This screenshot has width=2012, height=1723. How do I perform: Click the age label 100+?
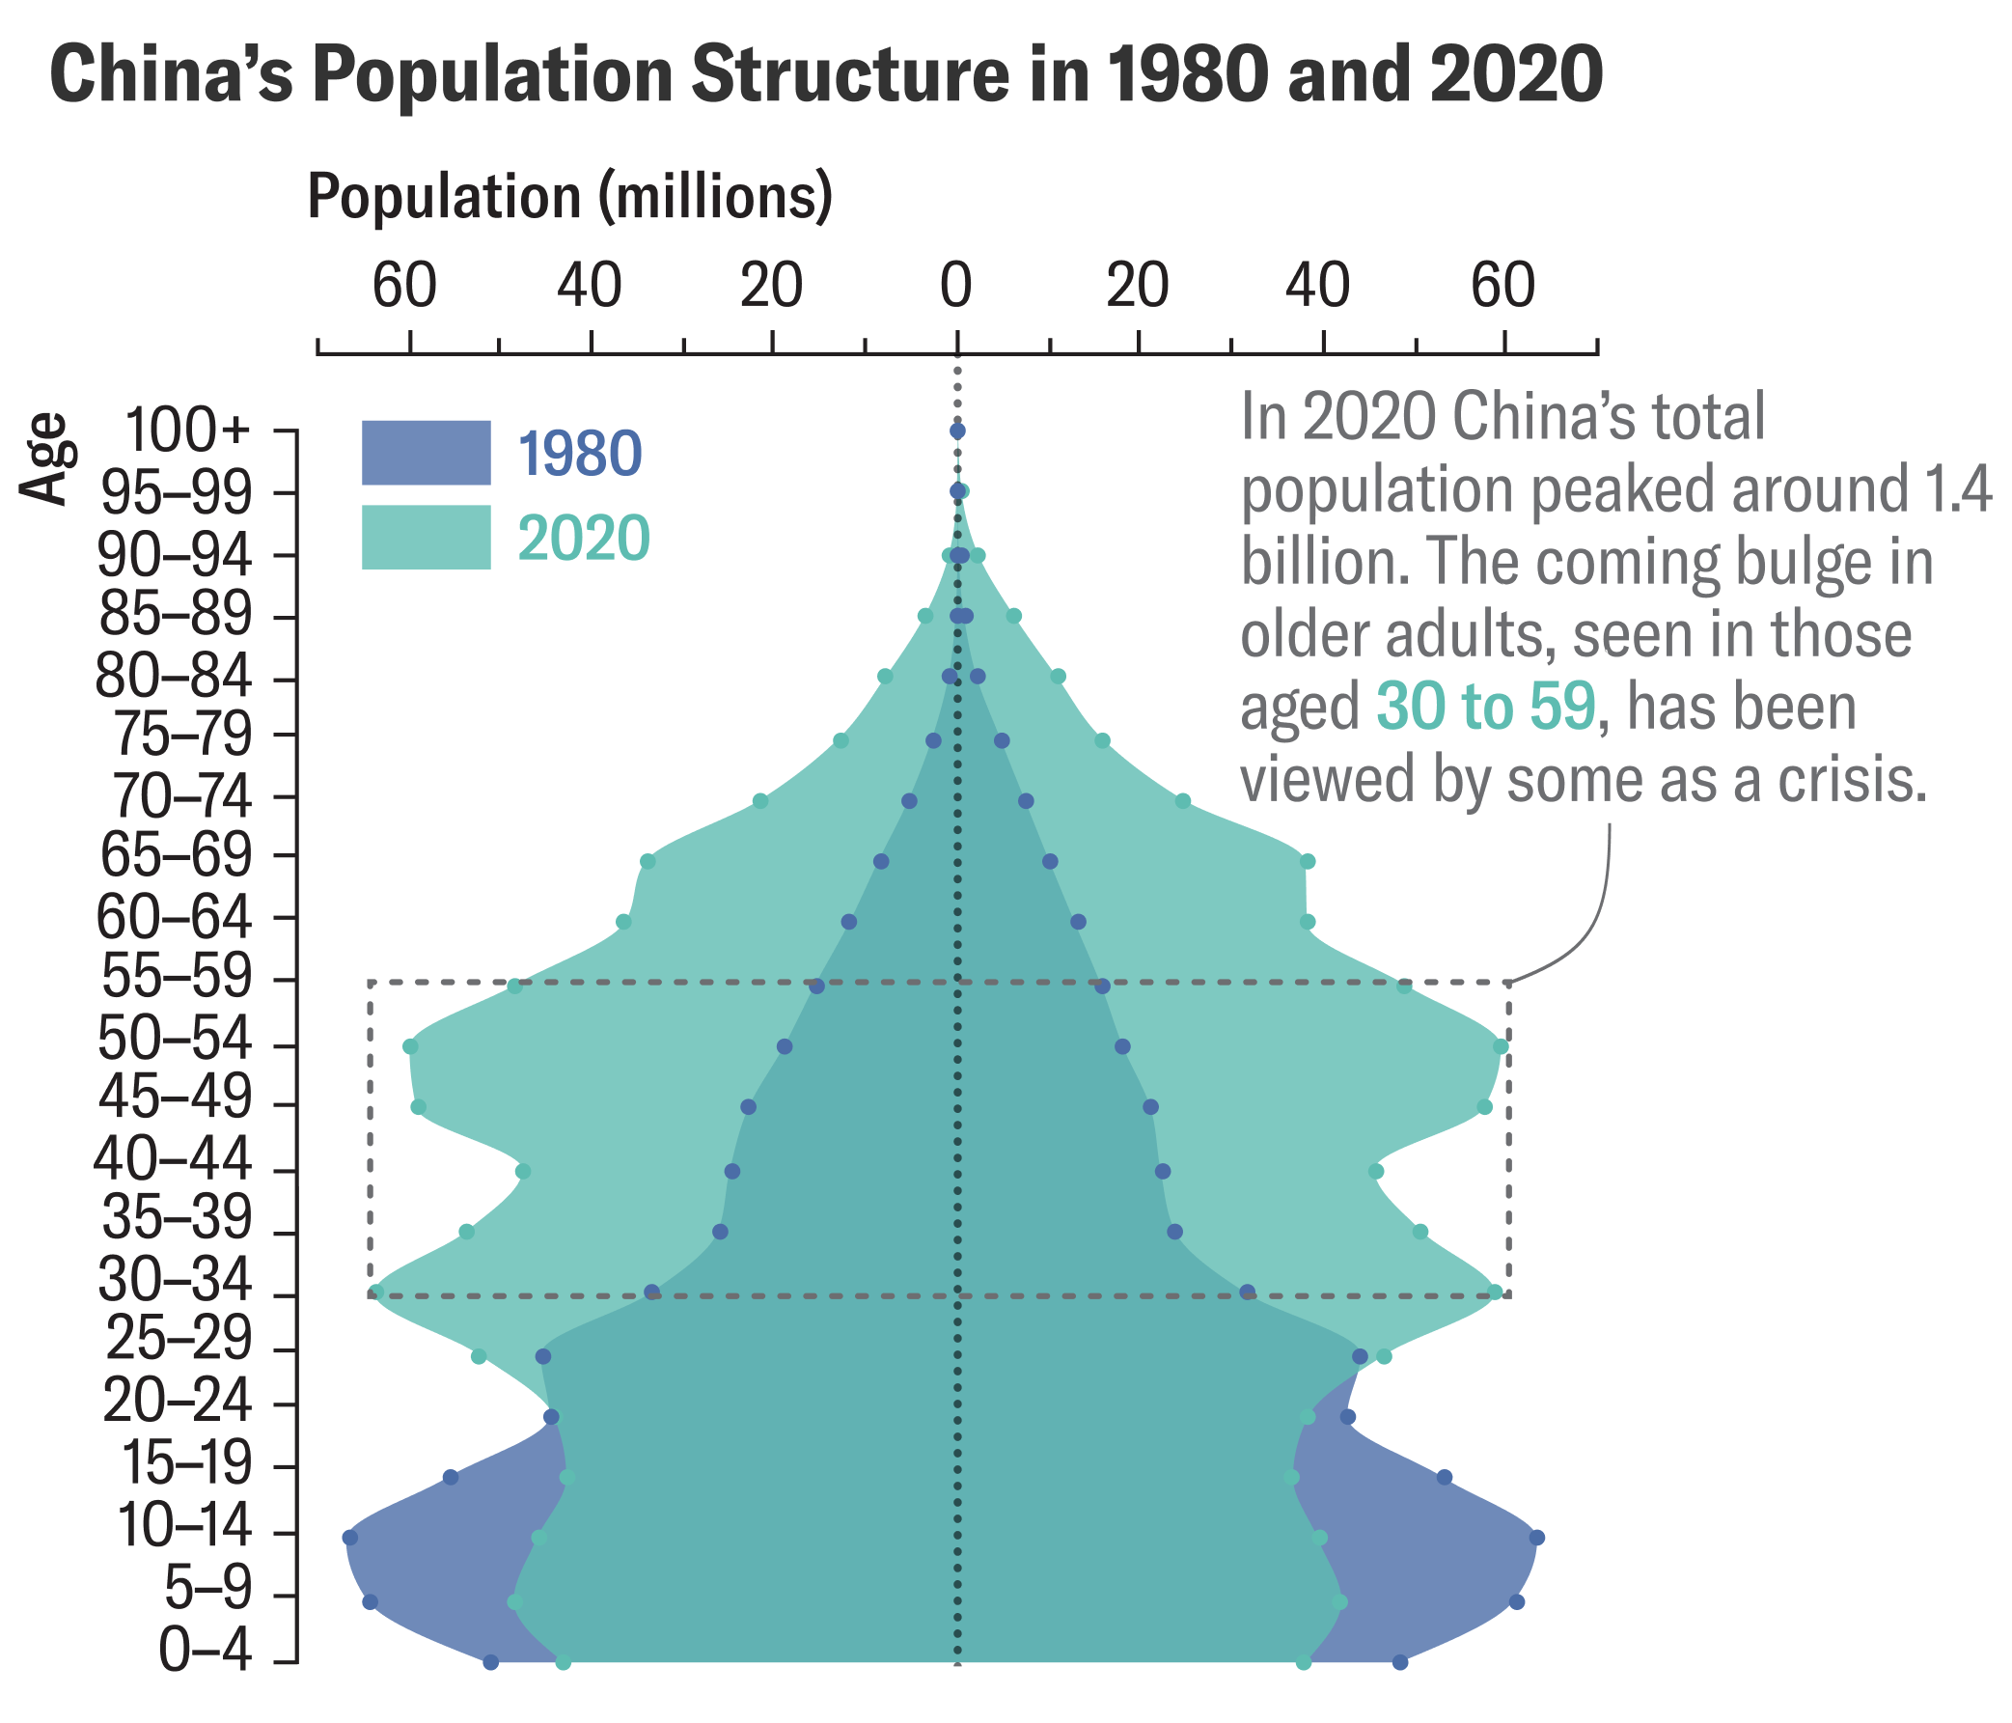click(x=188, y=431)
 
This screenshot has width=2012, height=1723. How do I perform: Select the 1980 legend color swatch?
click(x=426, y=452)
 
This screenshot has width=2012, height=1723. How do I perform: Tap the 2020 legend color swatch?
click(x=426, y=537)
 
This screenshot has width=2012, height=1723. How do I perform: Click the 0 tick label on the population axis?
click(x=956, y=288)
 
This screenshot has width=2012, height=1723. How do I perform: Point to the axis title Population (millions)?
click(x=570, y=196)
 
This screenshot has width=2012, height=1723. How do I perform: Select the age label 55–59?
click(x=176, y=979)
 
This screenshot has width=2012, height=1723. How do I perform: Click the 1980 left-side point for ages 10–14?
click(x=350, y=1538)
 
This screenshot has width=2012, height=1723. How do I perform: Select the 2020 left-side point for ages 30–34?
click(x=376, y=1292)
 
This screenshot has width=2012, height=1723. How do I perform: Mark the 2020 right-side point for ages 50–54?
click(x=1501, y=1046)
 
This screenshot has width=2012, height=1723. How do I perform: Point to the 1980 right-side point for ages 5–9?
click(x=1517, y=1601)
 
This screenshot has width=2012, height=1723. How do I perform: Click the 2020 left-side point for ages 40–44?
click(x=523, y=1171)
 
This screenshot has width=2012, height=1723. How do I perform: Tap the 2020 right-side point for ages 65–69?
click(x=1307, y=861)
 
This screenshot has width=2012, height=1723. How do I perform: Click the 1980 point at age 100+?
click(x=957, y=431)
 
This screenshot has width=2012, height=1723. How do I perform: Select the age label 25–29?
click(x=178, y=1342)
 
